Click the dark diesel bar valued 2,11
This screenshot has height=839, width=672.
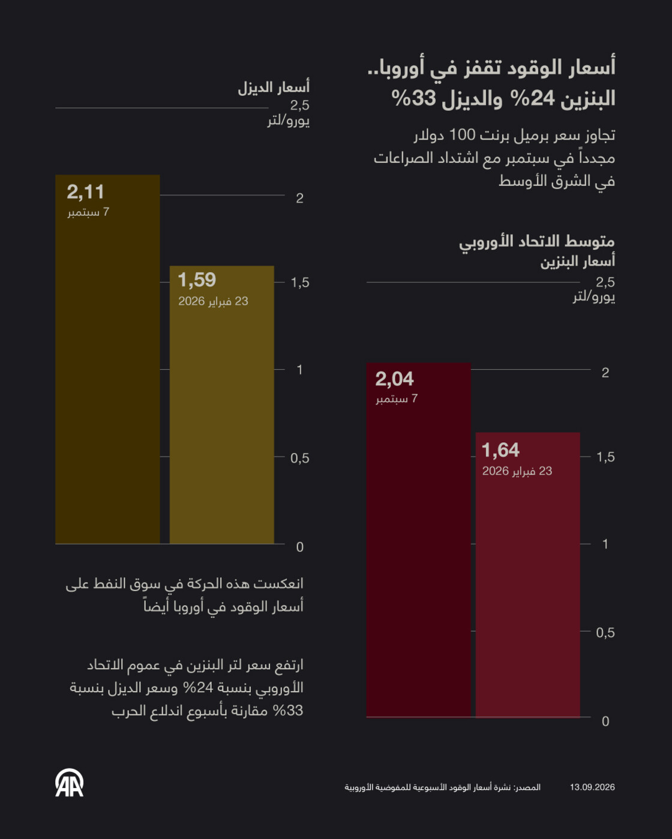(x=107, y=359)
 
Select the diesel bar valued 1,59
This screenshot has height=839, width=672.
(x=222, y=405)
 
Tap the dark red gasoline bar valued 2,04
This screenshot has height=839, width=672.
(x=419, y=540)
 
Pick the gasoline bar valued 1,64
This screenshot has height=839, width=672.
(x=527, y=575)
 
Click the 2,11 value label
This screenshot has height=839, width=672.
(x=86, y=192)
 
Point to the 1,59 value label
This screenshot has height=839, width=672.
(x=197, y=280)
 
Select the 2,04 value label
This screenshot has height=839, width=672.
(x=394, y=379)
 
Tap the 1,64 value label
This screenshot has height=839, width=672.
(x=500, y=450)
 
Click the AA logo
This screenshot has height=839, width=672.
(x=70, y=783)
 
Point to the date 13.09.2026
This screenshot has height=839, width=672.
(x=592, y=787)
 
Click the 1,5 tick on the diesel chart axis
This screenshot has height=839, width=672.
(x=300, y=283)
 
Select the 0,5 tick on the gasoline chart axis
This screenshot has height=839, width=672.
(x=605, y=633)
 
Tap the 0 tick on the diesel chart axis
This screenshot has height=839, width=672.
(x=300, y=547)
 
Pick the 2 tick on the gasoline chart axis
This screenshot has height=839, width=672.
(x=605, y=373)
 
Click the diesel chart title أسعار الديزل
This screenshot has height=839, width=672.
(x=274, y=87)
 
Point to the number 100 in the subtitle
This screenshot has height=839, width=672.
(x=463, y=135)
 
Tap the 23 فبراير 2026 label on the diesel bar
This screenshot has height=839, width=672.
(x=213, y=301)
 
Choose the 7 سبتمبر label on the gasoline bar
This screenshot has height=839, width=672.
(x=397, y=399)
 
